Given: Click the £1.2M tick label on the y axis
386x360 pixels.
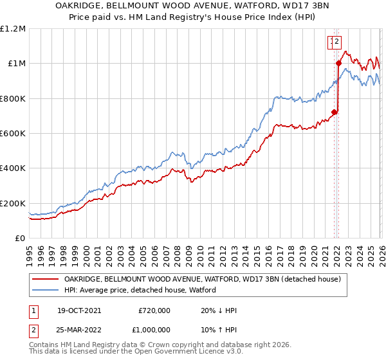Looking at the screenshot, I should [13, 29].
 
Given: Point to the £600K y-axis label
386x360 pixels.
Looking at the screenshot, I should [13, 134].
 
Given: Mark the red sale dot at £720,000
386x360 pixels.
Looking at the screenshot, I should [334, 112].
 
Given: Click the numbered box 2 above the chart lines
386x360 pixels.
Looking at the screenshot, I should [336, 42].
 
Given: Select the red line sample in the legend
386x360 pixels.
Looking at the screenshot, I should [44, 279].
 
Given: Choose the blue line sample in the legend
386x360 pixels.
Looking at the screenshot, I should [44, 290].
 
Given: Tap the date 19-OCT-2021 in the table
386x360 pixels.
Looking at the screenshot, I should [78, 310].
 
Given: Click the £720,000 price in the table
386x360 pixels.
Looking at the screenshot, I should [154, 310].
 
